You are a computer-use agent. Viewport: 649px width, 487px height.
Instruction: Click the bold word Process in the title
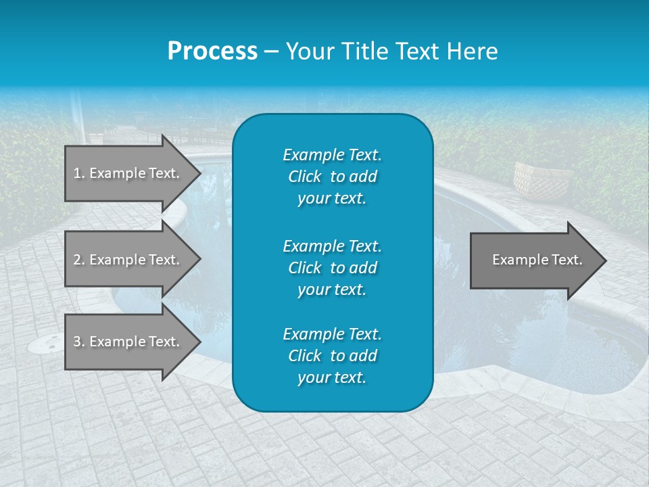[x=212, y=51]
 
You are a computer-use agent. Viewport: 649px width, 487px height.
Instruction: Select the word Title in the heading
[x=362, y=51]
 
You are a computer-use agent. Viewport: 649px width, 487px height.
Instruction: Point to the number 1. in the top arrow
[x=79, y=173]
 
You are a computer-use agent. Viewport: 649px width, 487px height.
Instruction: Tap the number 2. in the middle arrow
[x=79, y=260]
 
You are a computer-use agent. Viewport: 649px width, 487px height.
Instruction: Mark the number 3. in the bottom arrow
[x=79, y=342]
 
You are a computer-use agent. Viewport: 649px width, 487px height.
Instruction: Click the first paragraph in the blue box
[x=332, y=177]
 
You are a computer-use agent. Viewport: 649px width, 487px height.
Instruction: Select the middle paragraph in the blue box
[x=332, y=268]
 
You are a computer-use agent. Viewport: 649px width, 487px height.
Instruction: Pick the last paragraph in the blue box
[x=332, y=356]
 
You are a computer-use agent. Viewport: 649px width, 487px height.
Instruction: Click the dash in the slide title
[x=271, y=52]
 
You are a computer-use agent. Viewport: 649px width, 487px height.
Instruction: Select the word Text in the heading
[x=413, y=51]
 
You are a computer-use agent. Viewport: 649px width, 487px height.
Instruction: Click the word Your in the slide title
[x=308, y=51]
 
